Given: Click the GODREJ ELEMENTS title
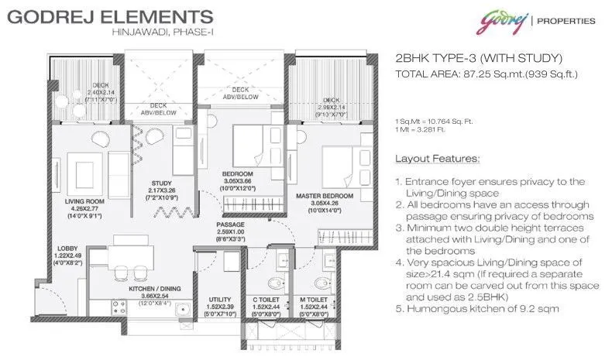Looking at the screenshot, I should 108,15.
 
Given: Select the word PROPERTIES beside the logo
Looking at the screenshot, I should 568,21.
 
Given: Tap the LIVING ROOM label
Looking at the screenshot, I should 84,200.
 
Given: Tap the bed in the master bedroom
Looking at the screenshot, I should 339,163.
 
